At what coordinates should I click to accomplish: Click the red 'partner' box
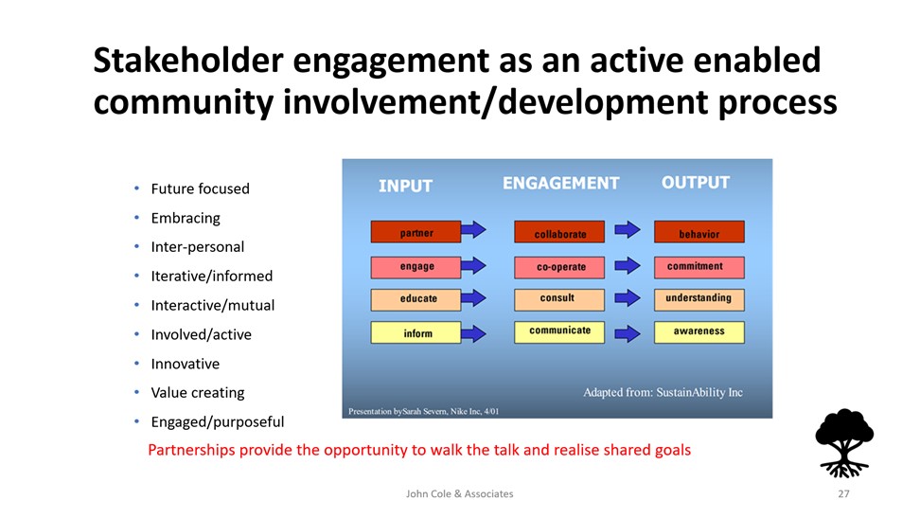click(416, 232)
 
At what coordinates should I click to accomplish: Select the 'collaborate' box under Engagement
click(559, 232)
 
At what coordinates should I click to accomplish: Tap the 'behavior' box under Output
click(699, 232)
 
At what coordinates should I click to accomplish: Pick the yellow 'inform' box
click(416, 332)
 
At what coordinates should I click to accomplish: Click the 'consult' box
click(559, 299)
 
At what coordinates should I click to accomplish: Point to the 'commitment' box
click(699, 267)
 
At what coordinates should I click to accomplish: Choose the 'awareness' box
click(699, 332)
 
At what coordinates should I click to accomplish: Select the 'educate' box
click(416, 299)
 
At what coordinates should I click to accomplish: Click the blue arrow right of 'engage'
click(473, 266)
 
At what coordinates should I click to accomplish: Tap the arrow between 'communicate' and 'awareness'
click(628, 333)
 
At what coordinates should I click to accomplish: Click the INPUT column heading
click(405, 187)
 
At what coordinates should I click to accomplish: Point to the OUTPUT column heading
click(696, 183)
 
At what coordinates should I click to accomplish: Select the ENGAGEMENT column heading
click(561, 183)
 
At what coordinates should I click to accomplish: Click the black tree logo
click(843, 443)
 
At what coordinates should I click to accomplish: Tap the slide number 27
click(843, 494)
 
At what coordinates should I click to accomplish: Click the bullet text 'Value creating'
click(198, 393)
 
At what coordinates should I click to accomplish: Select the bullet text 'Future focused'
click(200, 188)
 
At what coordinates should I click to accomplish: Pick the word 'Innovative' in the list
click(186, 364)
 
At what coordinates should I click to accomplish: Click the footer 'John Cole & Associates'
click(459, 494)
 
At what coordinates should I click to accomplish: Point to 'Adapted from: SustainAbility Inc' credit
click(663, 392)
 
